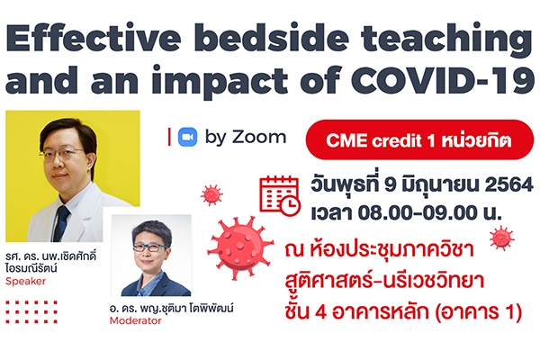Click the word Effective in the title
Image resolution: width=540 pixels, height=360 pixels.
94,38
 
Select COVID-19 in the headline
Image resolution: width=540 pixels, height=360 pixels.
443,80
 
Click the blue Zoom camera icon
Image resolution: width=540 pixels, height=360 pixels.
188,137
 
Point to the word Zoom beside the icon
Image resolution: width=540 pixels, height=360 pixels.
259,137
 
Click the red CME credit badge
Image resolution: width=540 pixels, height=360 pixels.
419,139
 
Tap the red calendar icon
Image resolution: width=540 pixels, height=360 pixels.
280,195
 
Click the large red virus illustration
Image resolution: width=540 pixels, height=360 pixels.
240,247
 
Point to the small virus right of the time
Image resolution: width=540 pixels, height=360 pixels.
502,238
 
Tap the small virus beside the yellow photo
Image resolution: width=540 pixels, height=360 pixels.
211,195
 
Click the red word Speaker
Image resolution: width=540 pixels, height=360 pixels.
25,282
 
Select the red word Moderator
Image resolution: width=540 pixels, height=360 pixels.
135,320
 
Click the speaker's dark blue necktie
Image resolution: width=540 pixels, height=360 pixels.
61,223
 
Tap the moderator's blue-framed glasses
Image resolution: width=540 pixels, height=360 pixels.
149,247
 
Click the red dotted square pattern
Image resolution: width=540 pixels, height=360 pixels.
31,312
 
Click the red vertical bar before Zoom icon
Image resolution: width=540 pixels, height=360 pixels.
169,137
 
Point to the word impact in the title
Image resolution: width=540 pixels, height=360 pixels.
220,82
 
